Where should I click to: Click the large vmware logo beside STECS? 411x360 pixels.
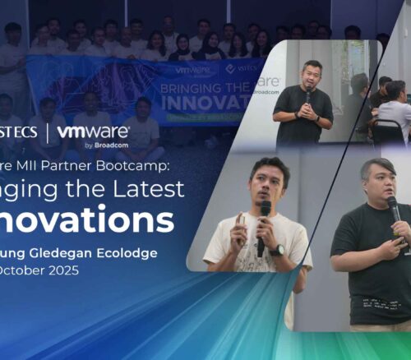(x=94, y=132)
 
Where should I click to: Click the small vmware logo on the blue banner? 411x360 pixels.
(x=188, y=70)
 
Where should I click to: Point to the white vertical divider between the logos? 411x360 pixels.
(x=47, y=134)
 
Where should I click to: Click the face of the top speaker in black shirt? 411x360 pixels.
(x=312, y=76)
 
